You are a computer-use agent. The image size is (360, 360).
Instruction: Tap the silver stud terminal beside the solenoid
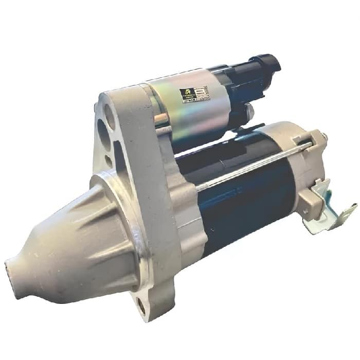[249, 111]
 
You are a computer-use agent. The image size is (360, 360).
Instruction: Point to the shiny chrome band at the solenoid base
[161, 121]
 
